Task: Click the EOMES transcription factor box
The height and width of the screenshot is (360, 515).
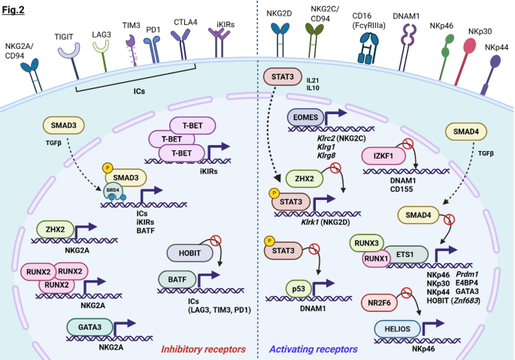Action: click(x=305, y=117)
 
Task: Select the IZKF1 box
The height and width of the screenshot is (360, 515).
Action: click(x=383, y=156)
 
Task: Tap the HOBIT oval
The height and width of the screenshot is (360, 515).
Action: click(x=189, y=253)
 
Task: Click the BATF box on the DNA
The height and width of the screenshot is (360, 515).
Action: click(x=177, y=280)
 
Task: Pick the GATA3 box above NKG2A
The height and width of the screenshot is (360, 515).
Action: click(x=89, y=327)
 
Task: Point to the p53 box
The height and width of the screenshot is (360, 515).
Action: click(x=298, y=289)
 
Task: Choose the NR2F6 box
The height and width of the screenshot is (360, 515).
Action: click(x=379, y=303)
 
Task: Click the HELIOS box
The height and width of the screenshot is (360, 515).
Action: click(x=398, y=328)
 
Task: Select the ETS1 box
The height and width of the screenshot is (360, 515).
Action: click(x=405, y=255)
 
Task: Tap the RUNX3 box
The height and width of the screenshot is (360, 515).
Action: click(x=367, y=243)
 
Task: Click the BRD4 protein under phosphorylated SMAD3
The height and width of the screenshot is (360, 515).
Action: click(x=114, y=191)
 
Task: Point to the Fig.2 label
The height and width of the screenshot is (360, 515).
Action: click(x=13, y=10)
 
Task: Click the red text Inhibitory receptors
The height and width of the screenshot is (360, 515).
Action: click(x=203, y=349)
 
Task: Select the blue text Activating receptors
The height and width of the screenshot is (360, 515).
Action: click(x=314, y=349)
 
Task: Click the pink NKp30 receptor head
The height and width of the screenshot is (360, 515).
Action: click(x=469, y=46)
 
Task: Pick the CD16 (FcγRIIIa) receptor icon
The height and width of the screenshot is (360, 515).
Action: click(x=369, y=48)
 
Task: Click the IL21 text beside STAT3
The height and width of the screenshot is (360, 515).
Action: click(x=312, y=80)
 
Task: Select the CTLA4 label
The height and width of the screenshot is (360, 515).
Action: click(x=186, y=23)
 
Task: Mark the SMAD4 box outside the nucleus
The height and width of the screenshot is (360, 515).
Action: click(x=466, y=132)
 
